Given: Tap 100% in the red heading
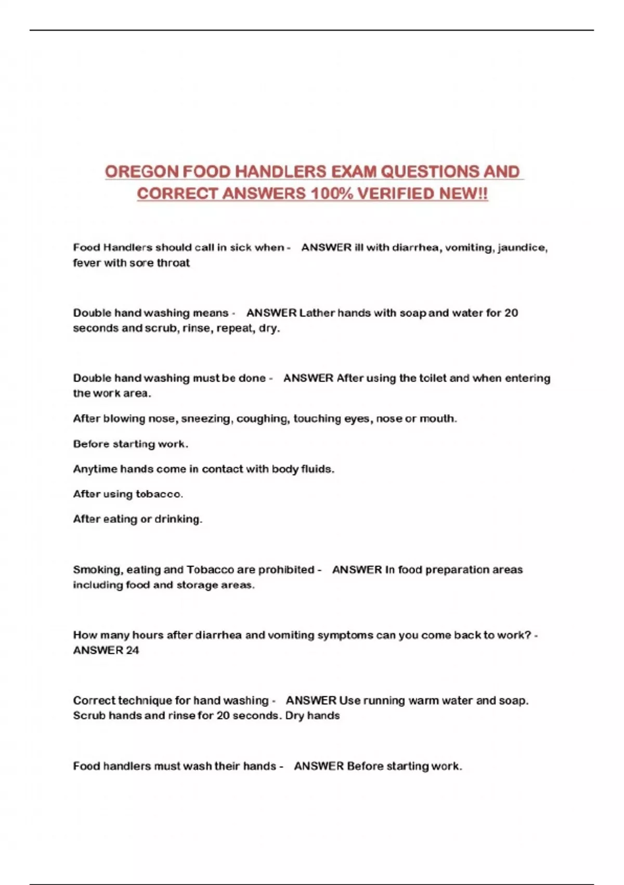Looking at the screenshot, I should pyautogui.click(x=331, y=194).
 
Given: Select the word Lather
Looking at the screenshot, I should pyautogui.click(x=317, y=313).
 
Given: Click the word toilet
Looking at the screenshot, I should pyautogui.click(x=422, y=378).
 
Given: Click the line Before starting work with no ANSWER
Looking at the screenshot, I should pyautogui.click(x=130, y=444).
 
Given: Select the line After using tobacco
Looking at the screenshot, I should pyautogui.click(x=128, y=494).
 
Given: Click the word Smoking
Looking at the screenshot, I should pyautogui.click(x=97, y=570).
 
